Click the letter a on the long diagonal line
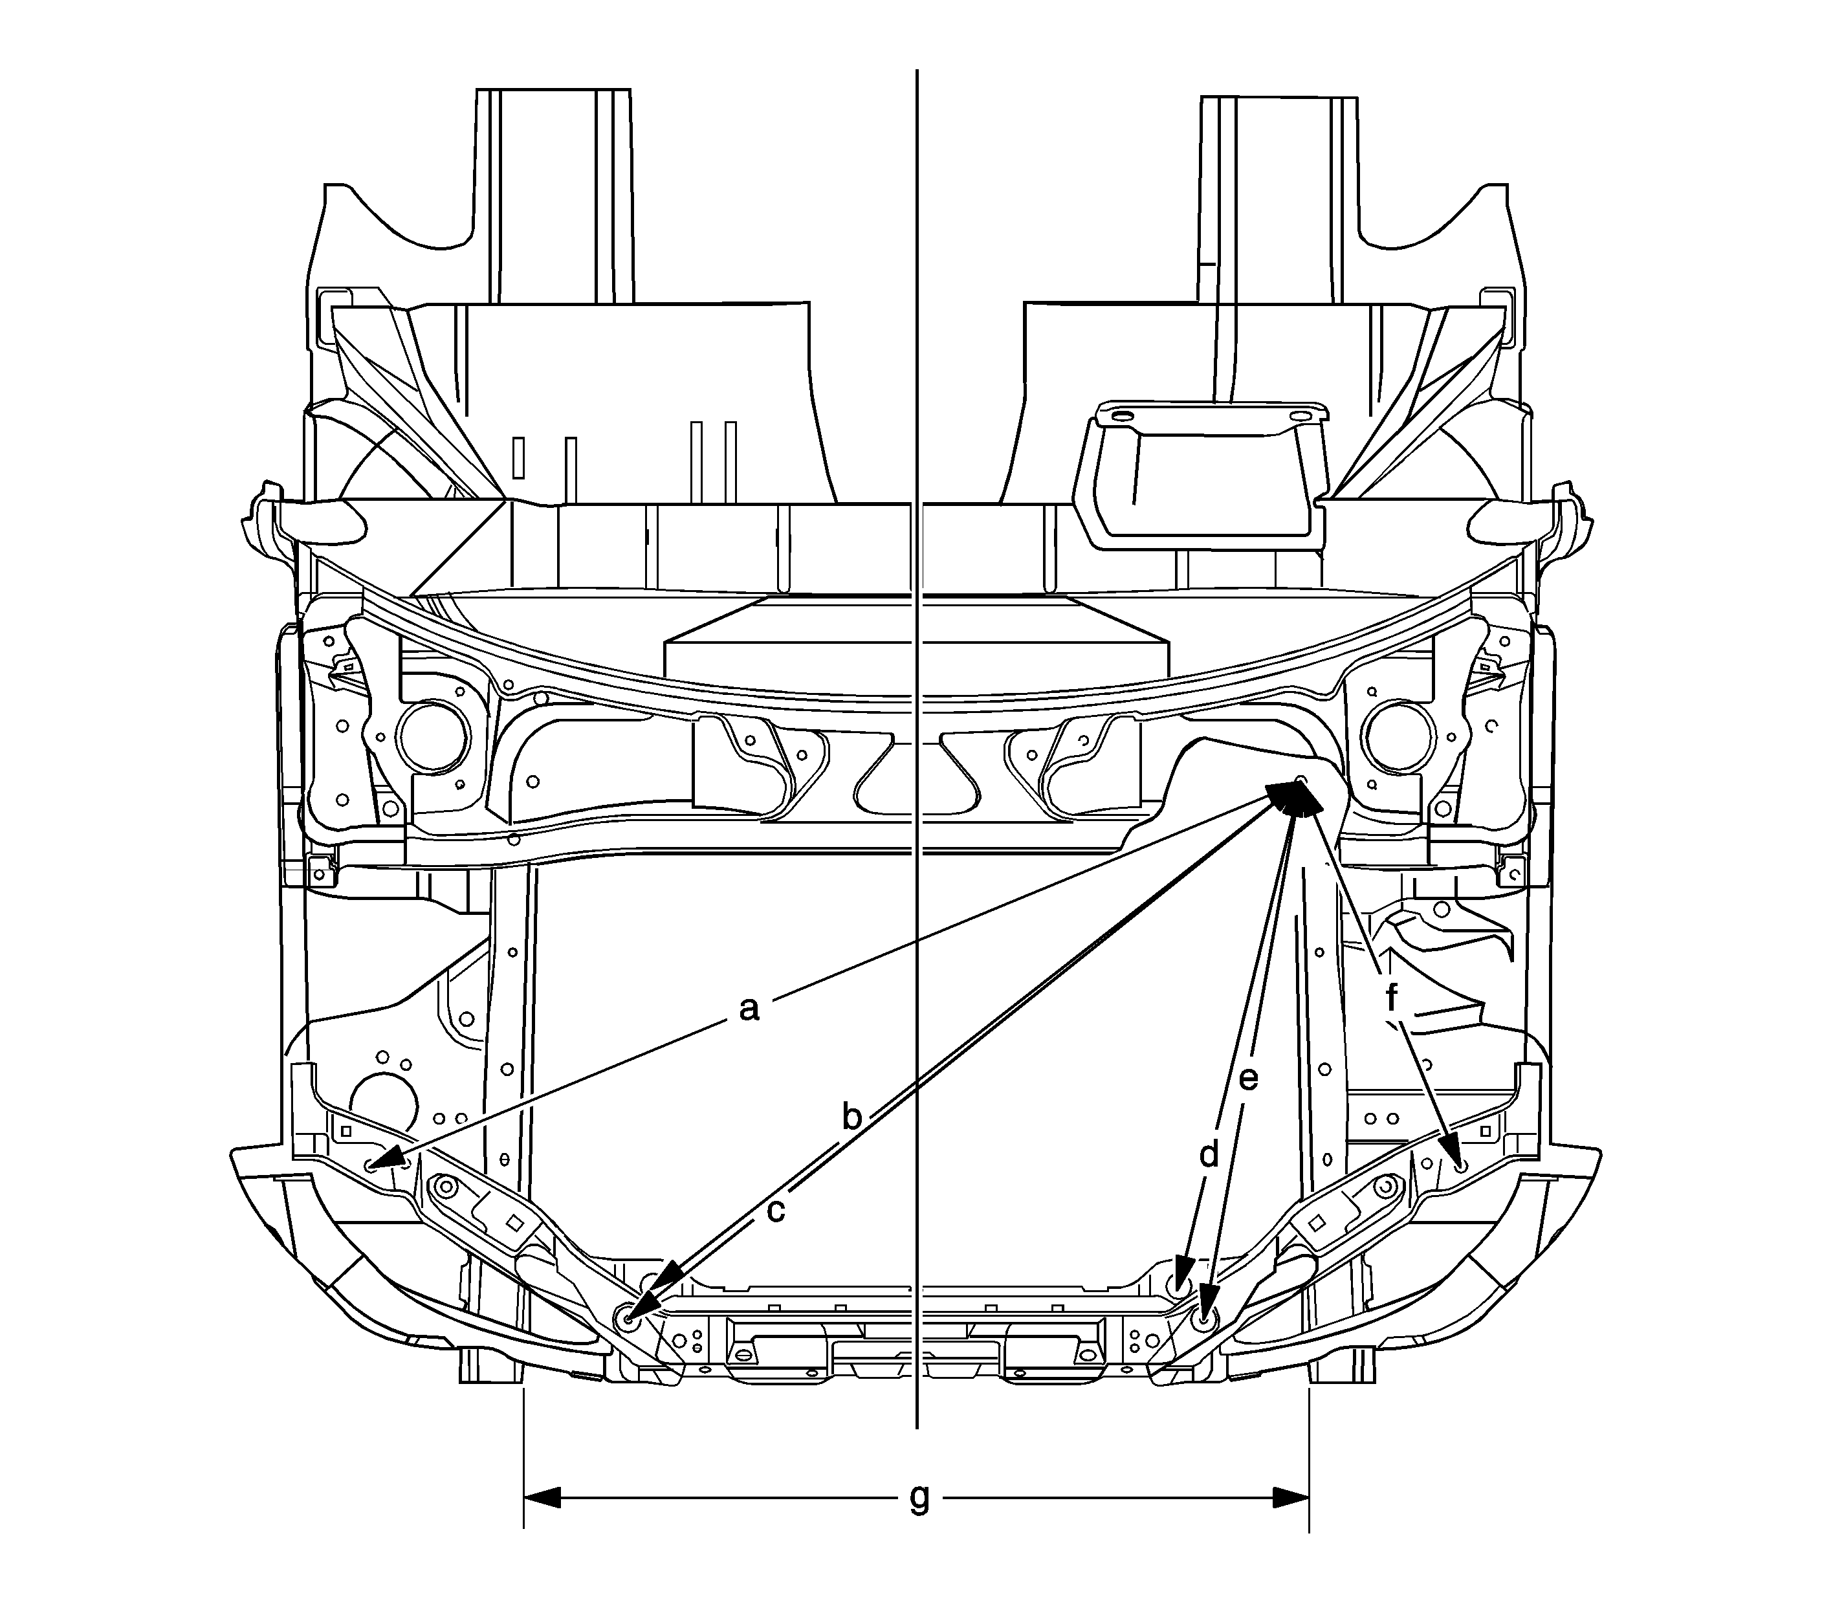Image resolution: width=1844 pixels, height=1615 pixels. coord(748,1009)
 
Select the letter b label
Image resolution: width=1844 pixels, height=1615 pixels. coord(851,1115)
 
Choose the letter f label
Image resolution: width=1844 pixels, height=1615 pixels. coord(1392,996)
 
